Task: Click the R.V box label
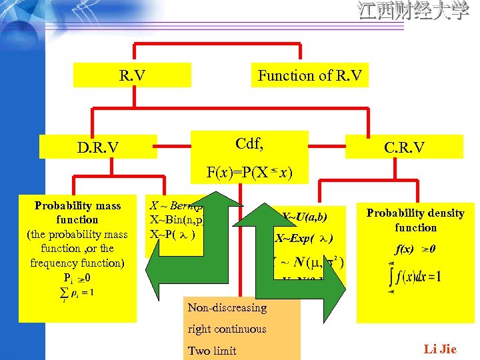tap(132, 75)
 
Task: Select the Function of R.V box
tap(310, 75)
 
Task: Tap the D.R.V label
tap(97, 147)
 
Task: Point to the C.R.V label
tap(405, 147)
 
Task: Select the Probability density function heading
tap(415, 220)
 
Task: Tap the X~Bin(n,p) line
tap(175, 220)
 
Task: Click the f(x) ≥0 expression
tap(415, 250)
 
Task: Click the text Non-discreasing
tap(227, 307)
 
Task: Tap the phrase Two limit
tap(212, 351)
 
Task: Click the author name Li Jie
tap(440, 349)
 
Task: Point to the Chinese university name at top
tap(413, 11)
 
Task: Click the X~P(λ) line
tap(172, 235)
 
